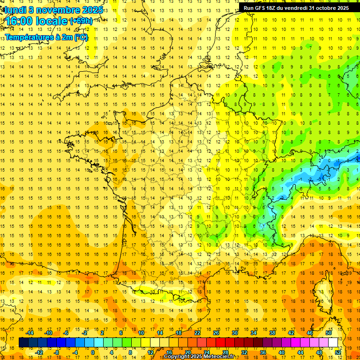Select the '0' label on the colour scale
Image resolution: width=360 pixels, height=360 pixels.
(x=92, y=352)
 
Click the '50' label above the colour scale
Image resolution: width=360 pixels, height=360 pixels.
(x=329, y=333)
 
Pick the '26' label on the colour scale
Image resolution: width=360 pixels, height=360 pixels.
(x=216, y=333)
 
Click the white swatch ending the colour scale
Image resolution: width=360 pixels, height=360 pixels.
(x=333, y=343)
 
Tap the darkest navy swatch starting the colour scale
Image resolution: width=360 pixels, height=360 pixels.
(x=24, y=343)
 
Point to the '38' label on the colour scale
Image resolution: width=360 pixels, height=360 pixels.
(x=272, y=333)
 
